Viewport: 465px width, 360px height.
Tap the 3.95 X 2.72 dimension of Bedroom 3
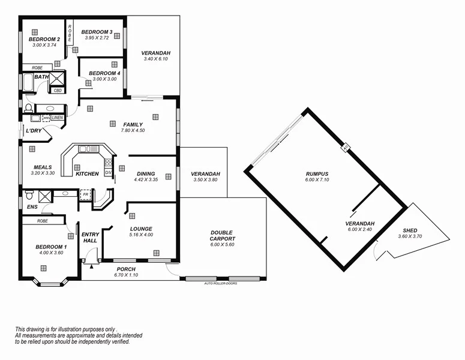pyautogui.click(x=97, y=38)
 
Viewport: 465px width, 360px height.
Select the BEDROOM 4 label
pyautogui.click(x=104, y=73)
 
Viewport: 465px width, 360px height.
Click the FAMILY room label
pyautogui.click(x=133, y=125)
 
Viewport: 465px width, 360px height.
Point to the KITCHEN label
pyautogui.click(x=87, y=174)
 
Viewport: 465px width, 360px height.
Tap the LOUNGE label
pyautogui.click(x=141, y=229)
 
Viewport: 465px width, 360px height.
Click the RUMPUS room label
pyautogui.click(x=317, y=174)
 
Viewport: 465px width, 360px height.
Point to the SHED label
pyautogui.click(x=410, y=230)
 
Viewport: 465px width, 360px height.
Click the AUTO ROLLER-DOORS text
pyautogui.click(x=220, y=283)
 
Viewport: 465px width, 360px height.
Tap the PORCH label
pyautogui.click(x=126, y=269)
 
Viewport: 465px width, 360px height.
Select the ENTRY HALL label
pyautogui.click(x=91, y=237)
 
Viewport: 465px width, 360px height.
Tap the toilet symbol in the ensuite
pyautogui.click(x=28, y=195)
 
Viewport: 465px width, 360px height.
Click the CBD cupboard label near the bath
pyautogui.click(x=58, y=91)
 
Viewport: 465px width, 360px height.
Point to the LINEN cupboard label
pyautogui.click(x=58, y=118)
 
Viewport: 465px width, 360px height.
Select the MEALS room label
pyautogui.click(x=43, y=167)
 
